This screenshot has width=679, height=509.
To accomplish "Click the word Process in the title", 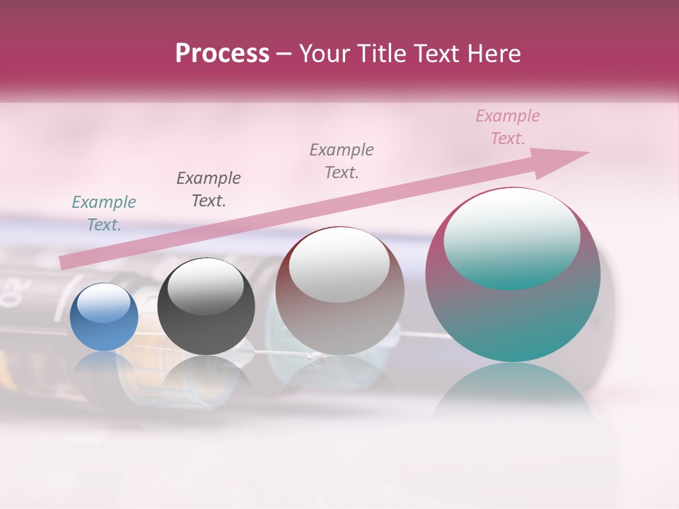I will [x=222, y=54].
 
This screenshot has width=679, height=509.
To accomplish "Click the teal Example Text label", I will [x=104, y=213].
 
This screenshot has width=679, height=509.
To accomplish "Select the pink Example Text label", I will [x=508, y=127].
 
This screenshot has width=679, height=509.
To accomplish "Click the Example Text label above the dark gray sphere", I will [x=209, y=189].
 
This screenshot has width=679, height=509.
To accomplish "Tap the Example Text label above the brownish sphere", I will [x=342, y=160].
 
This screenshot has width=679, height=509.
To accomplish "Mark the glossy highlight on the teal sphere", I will [x=512, y=237].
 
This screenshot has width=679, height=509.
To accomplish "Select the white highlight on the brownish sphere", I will [x=339, y=265].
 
